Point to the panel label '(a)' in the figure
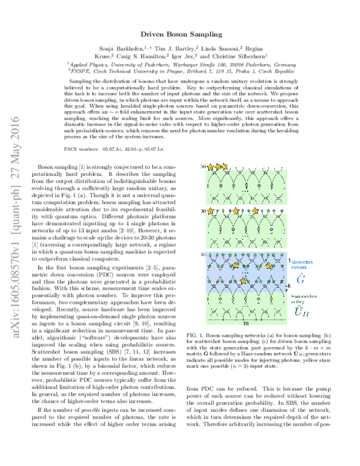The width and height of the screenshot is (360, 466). click(x=203, y=166)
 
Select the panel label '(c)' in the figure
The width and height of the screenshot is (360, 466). click(x=203, y=238)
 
